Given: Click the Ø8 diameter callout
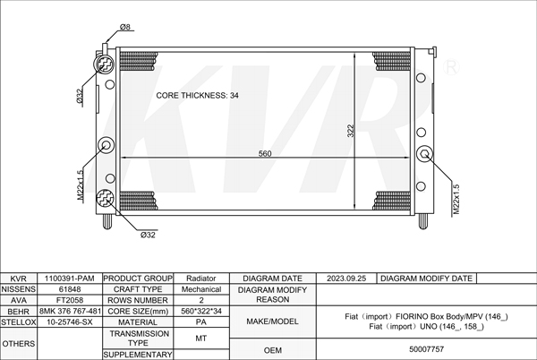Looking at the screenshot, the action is (x=125, y=27).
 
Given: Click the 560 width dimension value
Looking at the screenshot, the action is (x=265, y=153).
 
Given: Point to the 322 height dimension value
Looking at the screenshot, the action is (x=350, y=131).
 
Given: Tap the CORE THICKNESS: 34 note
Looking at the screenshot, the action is (x=197, y=96).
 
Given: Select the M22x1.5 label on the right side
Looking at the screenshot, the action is (x=456, y=200).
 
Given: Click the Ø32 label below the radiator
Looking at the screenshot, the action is (x=148, y=235).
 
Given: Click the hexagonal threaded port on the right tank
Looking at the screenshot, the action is (x=424, y=154).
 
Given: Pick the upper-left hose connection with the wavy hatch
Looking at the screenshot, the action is (x=105, y=64).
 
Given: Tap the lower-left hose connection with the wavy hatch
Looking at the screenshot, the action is (x=105, y=198).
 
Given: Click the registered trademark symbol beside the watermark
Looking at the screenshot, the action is (x=451, y=67).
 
